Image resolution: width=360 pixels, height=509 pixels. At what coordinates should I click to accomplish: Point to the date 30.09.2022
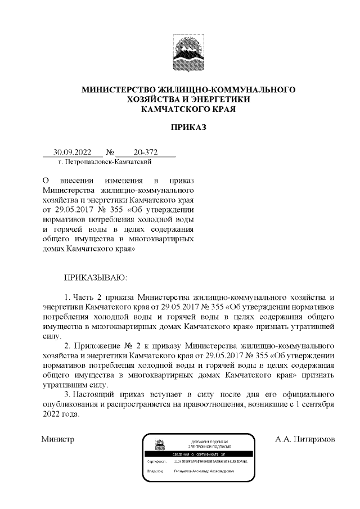click(x=68, y=152)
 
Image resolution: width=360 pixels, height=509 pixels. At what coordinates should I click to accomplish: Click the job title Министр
click(x=58, y=438)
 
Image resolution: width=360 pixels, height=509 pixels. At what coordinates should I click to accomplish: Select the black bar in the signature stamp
click(x=196, y=453)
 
